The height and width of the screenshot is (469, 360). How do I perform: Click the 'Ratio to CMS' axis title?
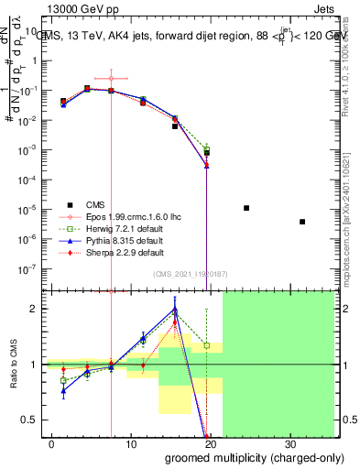pos(14,364)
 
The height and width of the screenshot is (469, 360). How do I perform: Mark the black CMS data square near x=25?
pos(246,208)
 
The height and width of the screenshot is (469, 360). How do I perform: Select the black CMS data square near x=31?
pos(302,222)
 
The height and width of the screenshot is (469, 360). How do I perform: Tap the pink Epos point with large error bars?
pos(111,79)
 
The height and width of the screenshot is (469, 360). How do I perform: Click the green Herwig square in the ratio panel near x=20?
pos(207,346)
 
